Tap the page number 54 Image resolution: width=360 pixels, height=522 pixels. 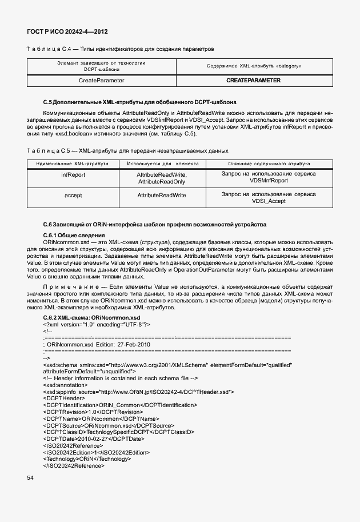30,477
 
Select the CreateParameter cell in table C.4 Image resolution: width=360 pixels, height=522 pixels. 101,81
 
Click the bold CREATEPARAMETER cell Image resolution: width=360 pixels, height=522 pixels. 253,81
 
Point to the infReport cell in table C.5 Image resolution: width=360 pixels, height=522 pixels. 73,174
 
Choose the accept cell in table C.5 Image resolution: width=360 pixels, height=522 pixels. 73,196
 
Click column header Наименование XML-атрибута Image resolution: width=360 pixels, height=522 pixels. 73,163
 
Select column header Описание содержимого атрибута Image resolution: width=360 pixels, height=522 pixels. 268,163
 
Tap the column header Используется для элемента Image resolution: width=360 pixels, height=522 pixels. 161,163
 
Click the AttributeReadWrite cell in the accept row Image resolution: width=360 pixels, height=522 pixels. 161,196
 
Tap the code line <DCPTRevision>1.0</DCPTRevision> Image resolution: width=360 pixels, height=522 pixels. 93,412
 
